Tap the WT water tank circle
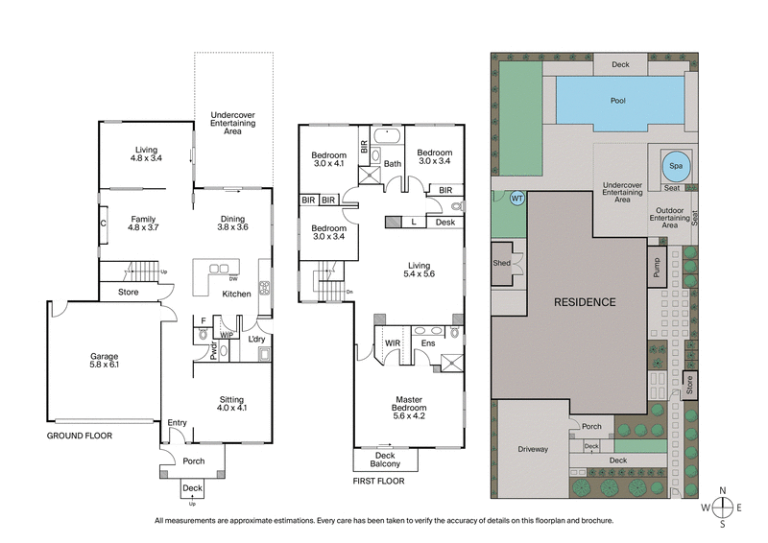[516, 199]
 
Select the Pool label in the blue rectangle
[619, 100]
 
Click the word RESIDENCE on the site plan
[584, 301]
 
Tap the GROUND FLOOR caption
[80, 436]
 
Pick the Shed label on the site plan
[501, 263]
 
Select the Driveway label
[533, 448]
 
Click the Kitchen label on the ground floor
[237, 294]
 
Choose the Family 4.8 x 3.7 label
[142, 223]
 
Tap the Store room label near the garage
[129, 292]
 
